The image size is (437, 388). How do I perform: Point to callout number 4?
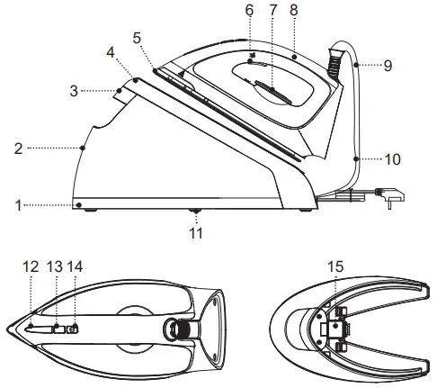[x=110, y=53]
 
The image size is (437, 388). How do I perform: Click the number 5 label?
[x=138, y=38]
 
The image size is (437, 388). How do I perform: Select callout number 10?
[x=393, y=158]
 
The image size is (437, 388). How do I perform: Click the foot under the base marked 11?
[x=196, y=213]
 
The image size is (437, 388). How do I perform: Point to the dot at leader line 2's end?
[x=82, y=146]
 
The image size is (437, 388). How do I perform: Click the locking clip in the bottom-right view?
[x=334, y=326]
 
